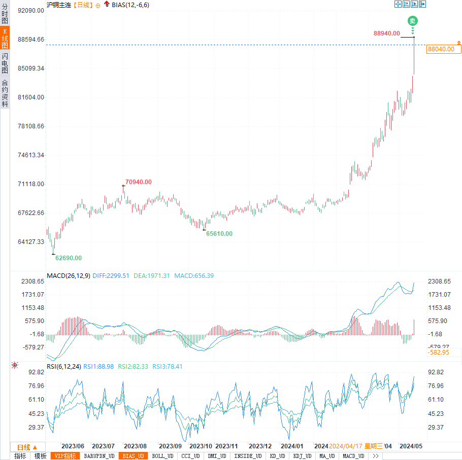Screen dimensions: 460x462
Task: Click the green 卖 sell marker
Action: coord(413,21)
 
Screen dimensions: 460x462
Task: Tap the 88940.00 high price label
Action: coord(387,33)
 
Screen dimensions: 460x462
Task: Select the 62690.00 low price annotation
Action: coord(69,258)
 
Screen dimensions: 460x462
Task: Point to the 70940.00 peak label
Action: coord(139,182)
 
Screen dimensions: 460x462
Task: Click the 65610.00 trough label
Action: coord(219,234)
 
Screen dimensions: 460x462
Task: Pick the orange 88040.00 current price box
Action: coord(441,49)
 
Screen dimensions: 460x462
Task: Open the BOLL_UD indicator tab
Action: coord(162,456)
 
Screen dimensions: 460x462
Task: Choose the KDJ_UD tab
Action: coord(303,456)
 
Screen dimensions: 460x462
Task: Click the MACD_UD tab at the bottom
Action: coord(353,456)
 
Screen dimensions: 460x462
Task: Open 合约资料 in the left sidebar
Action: coord(5,93)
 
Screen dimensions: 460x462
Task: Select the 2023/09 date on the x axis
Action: coord(170,446)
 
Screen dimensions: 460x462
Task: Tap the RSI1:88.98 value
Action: coord(98,366)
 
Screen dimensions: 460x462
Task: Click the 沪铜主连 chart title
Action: coord(58,5)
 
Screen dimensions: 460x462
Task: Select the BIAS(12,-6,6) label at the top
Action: coord(130,5)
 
